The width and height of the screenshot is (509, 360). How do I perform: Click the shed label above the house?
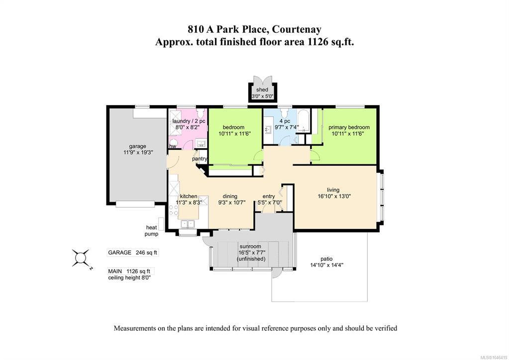coord(262,90)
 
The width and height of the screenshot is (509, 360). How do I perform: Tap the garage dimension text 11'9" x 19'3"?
coord(138,152)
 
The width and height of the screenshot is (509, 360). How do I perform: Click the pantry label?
coord(200,159)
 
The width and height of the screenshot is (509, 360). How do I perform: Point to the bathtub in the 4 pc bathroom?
coord(304,121)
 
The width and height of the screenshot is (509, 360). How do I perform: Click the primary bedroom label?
coord(349,127)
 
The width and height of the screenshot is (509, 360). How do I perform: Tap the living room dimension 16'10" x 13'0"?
coord(334,196)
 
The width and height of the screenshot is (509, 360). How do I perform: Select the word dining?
coord(230,196)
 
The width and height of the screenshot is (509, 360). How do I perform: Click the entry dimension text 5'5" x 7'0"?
coord(270,203)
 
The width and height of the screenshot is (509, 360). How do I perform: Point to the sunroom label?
coord(250,246)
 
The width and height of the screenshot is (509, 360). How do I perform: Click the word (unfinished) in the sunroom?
coord(251,259)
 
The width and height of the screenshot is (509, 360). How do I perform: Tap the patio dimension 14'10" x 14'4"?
coord(326,265)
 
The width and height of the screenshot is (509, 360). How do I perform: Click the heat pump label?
coord(152,231)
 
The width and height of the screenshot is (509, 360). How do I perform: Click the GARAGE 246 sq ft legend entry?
coord(132,252)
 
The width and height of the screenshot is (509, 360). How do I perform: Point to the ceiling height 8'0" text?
coord(129,278)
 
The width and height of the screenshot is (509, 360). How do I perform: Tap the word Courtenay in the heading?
coord(297,29)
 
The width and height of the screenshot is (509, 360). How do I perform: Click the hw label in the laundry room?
coord(173,146)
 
